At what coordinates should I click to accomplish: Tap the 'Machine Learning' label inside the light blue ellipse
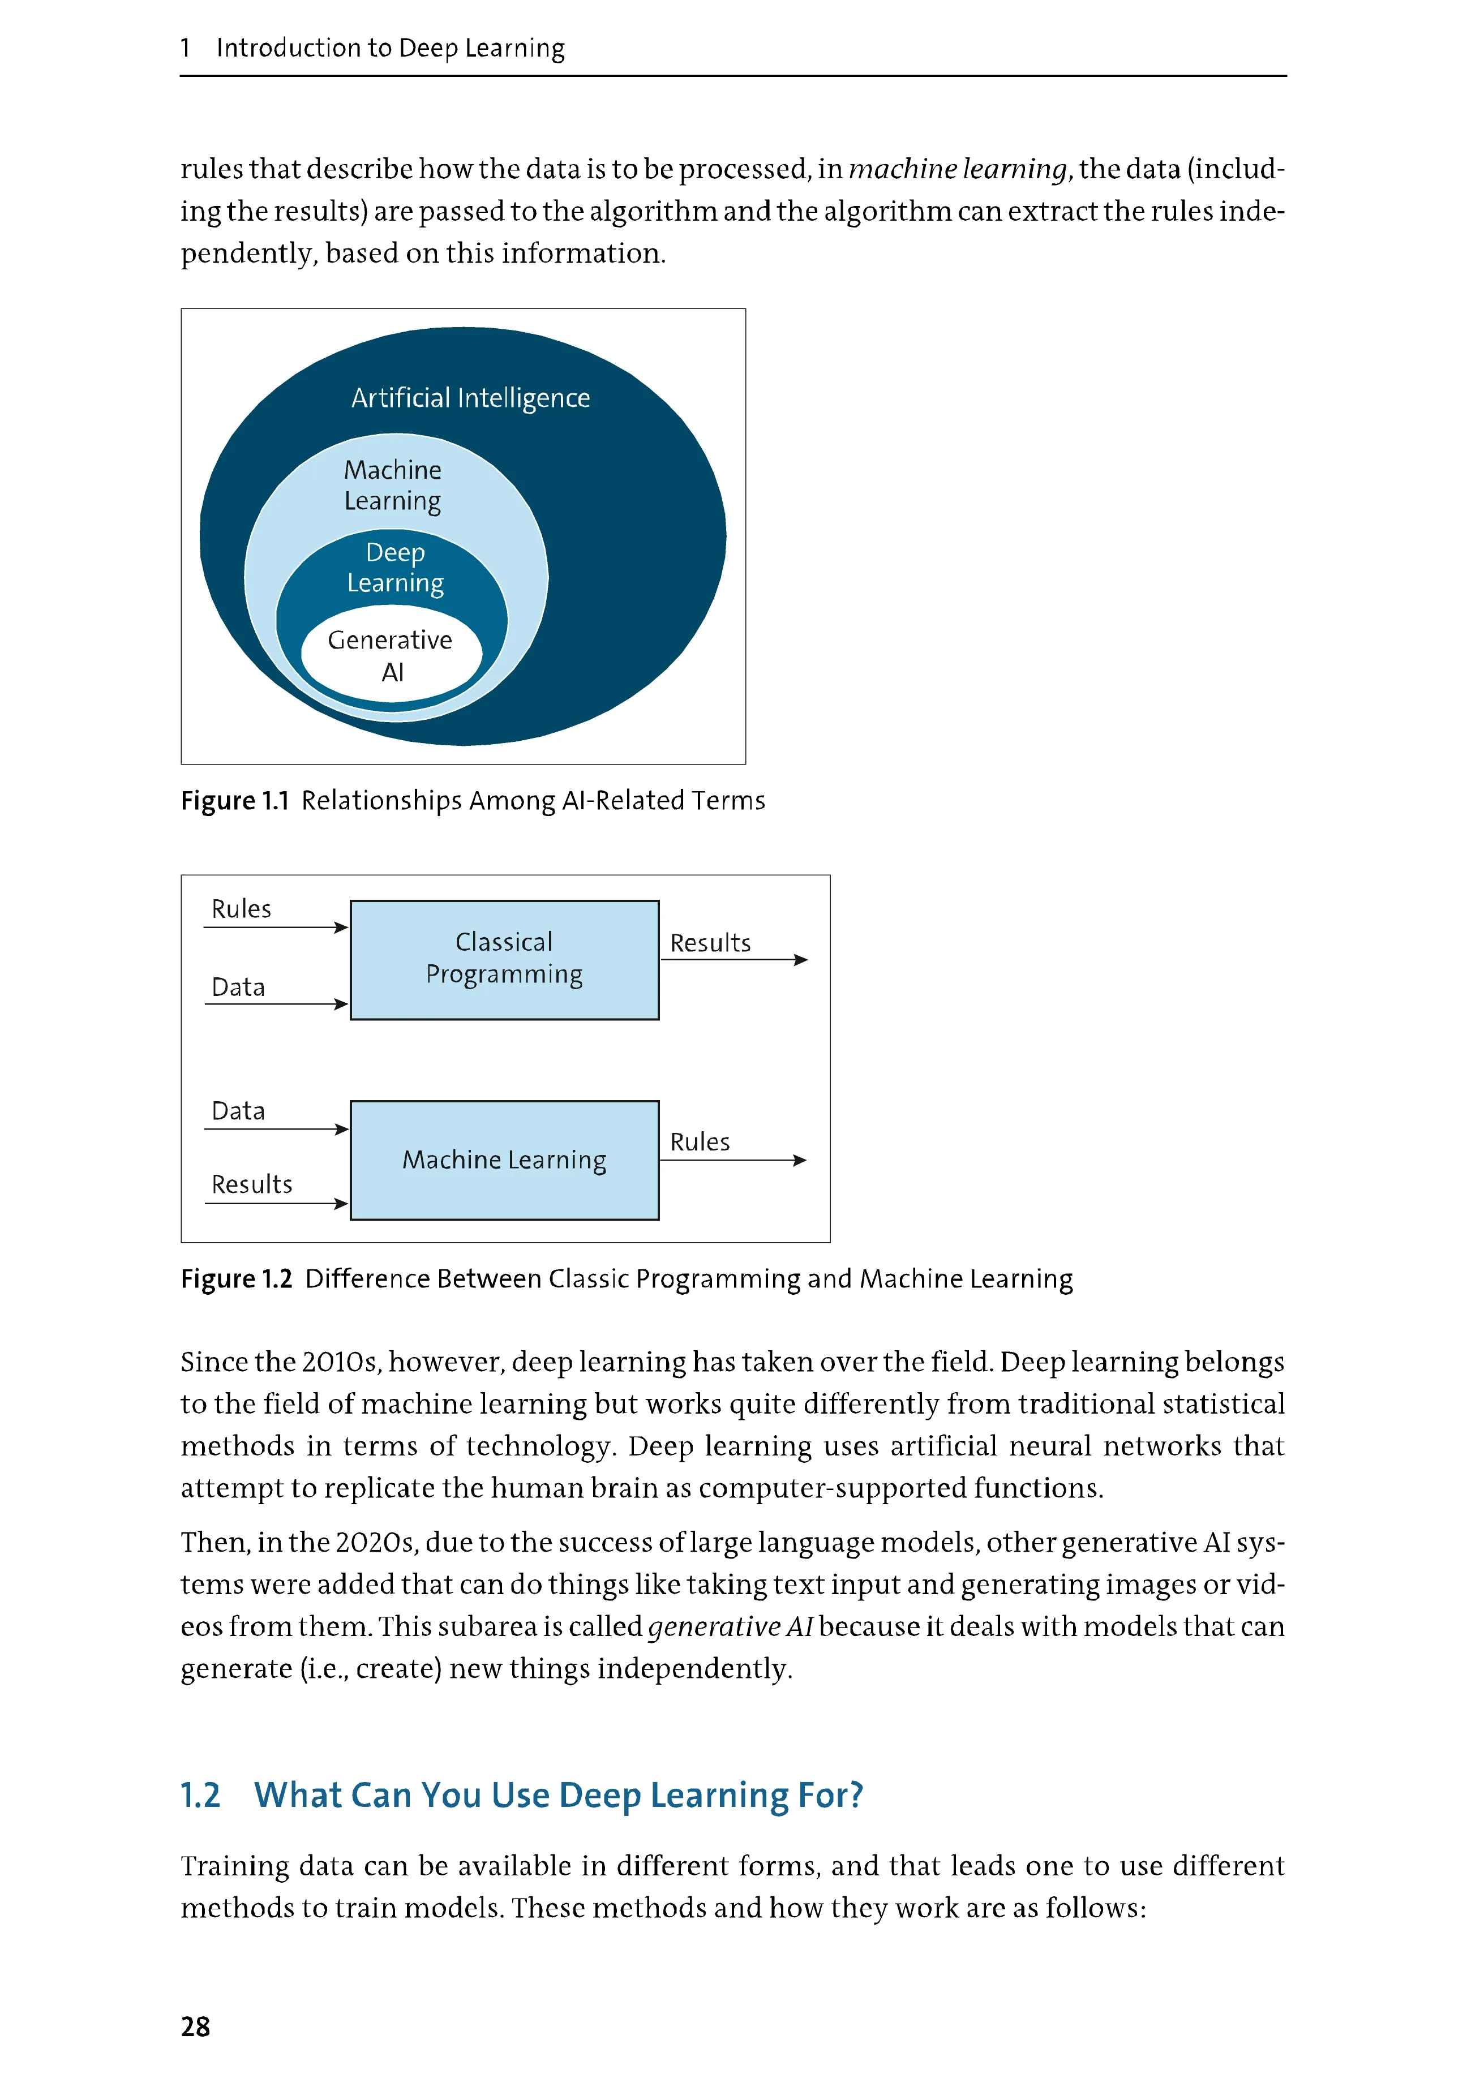tap(393, 485)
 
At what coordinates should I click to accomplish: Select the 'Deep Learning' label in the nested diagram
tap(394, 567)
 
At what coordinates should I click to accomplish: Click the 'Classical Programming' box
tap(504, 959)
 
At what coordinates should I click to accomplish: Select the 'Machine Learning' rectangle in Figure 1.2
tap(504, 1160)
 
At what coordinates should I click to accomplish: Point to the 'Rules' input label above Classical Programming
tap(241, 909)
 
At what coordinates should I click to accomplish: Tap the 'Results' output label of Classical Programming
tap(710, 943)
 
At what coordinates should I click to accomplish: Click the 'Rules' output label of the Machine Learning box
tap(699, 1142)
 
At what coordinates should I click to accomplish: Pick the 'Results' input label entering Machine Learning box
tap(252, 1184)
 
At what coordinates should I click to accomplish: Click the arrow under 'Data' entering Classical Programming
tap(276, 1003)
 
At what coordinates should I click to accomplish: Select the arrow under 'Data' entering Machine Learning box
tap(276, 1129)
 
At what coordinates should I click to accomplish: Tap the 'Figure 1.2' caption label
tap(237, 1279)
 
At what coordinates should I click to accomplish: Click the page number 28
tap(195, 2026)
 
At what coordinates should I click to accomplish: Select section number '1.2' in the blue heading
tap(200, 1795)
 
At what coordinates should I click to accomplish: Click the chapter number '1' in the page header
tap(185, 48)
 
